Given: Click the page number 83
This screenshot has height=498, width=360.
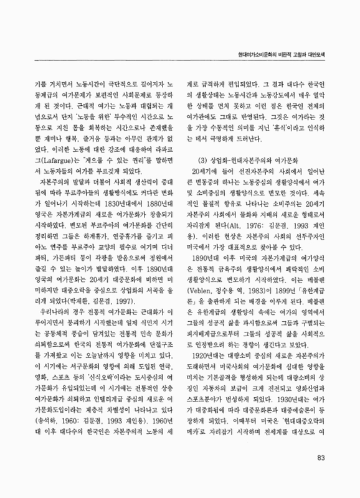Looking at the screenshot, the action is (321, 477).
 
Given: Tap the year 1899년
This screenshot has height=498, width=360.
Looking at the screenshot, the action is (277, 289).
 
